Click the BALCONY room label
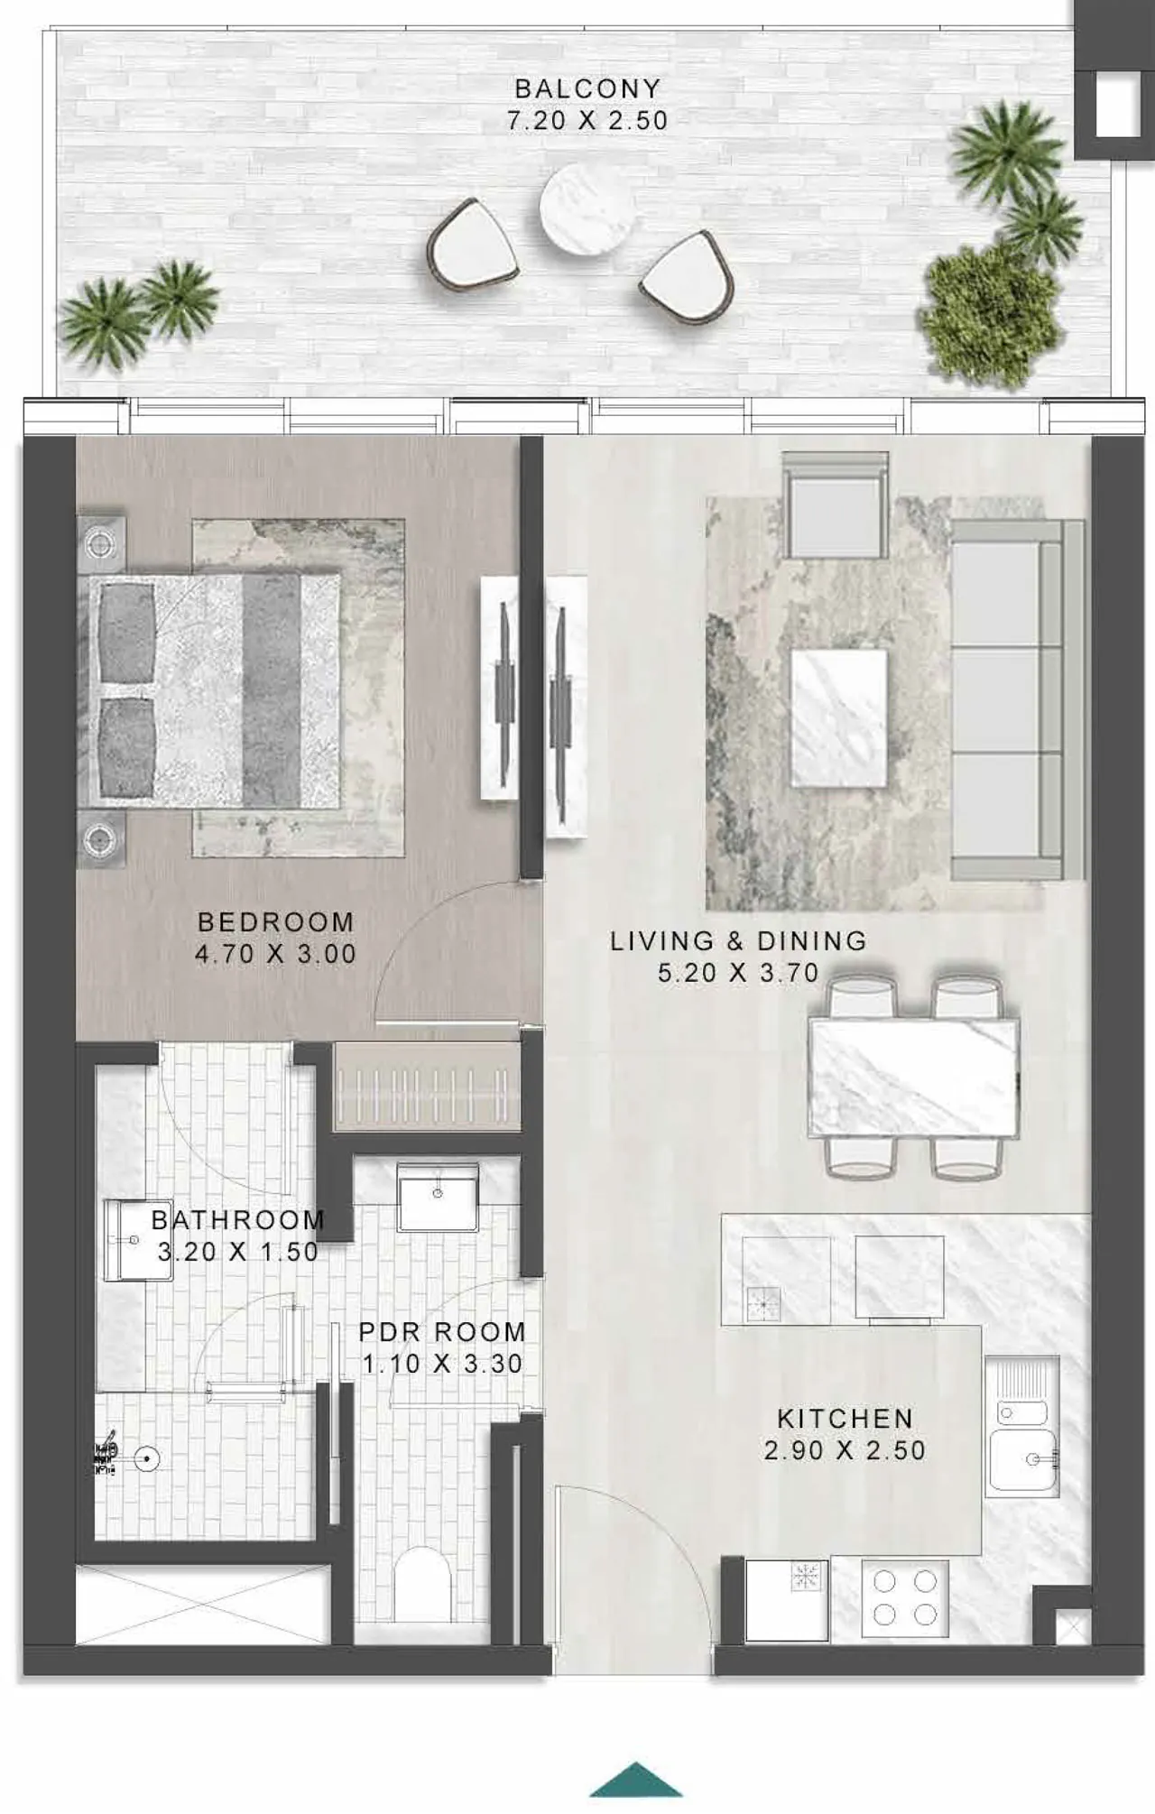point(587,88)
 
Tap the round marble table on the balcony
point(587,208)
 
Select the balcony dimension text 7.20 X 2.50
point(587,120)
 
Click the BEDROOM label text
point(275,922)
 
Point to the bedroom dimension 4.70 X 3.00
point(275,954)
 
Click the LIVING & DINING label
point(738,941)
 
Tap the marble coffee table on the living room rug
point(839,718)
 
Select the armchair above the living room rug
point(835,505)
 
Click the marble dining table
point(914,1077)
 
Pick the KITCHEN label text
point(845,1419)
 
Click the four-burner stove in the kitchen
point(905,1599)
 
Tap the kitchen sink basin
point(1023,1459)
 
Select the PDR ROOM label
point(442,1332)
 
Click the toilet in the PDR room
point(423,1584)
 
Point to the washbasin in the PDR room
point(438,1198)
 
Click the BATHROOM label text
point(237,1220)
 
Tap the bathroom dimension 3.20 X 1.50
point(237,1252)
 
